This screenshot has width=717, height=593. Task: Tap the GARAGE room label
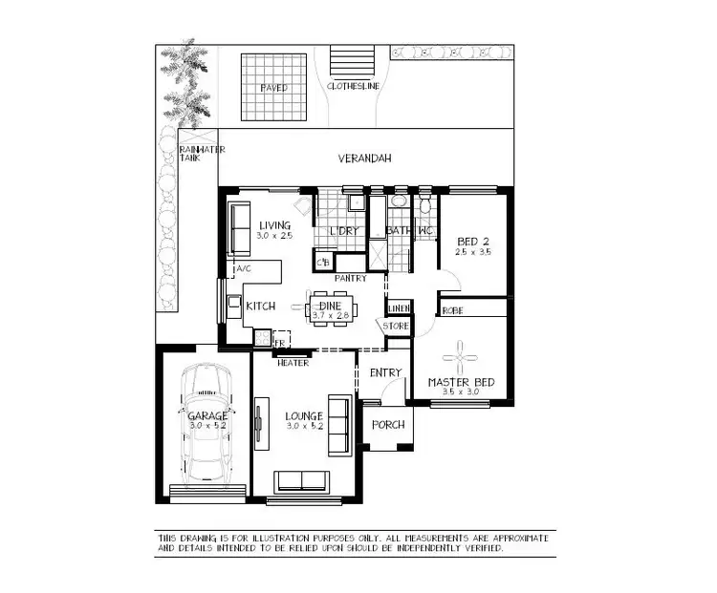tap(207, 416)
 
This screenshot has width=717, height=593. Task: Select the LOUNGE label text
tap(303, 416)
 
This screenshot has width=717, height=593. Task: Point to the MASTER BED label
tap(461, 383)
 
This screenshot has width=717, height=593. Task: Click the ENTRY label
tap(385, 372)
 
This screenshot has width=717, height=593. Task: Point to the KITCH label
tap(261, 307)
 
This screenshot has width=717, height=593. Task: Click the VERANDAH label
tap(365, 159)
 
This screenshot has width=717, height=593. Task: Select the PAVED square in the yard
tap(273, 85)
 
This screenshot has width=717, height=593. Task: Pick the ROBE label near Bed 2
tap(453, 310)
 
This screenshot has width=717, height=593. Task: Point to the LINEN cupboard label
tap(399, 308)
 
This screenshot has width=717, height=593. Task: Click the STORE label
tap(396, 327)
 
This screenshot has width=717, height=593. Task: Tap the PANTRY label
tap(350, 279)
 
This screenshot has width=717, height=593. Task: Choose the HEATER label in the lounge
tap(292, 363)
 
